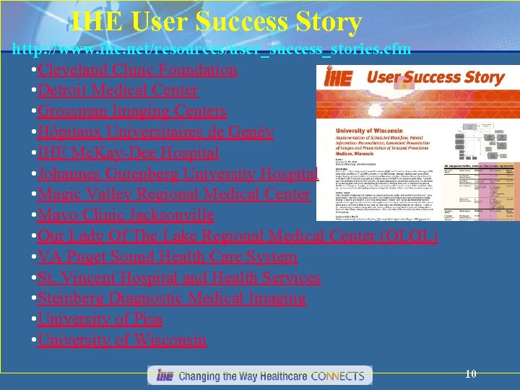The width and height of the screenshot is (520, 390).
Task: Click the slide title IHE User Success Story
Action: [x=216, y=22]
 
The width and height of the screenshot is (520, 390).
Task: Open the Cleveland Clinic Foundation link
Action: [x=137, y=70]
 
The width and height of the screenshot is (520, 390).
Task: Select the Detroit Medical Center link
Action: [x=118, y=90]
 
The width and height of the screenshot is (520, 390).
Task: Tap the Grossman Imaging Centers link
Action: [x=132, y=111]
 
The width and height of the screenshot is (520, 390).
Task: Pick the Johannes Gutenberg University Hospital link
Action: [x=168, y=174]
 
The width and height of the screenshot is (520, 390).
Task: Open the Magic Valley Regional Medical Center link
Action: [x=174, y=195]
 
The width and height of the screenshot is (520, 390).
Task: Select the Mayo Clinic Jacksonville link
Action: [x=126, y=215]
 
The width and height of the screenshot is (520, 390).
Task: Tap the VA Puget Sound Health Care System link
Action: [x=168, y=257]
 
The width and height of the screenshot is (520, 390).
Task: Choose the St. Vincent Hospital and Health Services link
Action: [x=179, y=278]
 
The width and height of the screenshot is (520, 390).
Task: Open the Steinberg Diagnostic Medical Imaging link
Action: [x=172, y=298]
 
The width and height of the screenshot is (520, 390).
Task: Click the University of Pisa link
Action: [x=100, y=319]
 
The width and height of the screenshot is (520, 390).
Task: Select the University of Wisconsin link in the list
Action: [x=122, y=340]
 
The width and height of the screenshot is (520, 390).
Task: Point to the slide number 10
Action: [x=471, y=374]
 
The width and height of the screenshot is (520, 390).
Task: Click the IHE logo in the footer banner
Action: [x=163, y=376]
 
